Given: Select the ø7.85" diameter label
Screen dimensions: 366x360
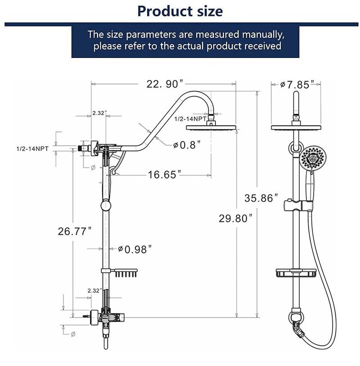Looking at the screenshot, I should tap(295, 84).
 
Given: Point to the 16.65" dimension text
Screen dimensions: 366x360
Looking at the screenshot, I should tap(165, 174).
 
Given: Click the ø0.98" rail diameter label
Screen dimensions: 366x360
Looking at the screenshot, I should tap(135, 249).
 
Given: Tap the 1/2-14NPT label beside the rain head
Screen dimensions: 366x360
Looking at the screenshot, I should tap(190, 119).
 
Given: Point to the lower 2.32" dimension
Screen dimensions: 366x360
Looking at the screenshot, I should tap(94, 290).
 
